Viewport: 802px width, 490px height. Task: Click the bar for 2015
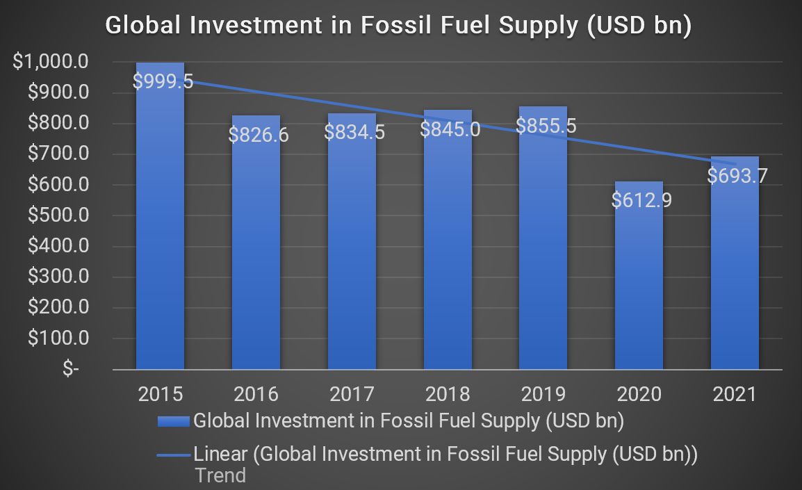[x=161, y=229]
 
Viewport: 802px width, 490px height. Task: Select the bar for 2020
[x=639, y=292]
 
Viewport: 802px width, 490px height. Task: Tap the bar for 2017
[x=352, y=257]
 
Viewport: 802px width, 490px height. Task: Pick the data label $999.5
[x=163, y=81]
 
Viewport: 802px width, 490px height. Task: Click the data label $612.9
[x=641, y=200]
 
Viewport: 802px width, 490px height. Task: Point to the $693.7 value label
[x=737, y=176]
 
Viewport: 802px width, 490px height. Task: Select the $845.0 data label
[x=450, y=129]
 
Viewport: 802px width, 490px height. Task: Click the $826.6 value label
[x=259, y=134]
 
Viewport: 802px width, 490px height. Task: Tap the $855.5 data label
[x=546, y=126]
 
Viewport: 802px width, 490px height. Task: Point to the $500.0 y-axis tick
[x=58, y=215]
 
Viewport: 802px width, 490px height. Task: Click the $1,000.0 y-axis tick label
[x=51, y=62]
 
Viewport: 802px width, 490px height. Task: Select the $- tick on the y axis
[x=71, y=369]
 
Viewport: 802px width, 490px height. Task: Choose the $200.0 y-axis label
[x=58, y=308]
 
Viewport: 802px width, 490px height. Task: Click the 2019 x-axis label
[x=543, y=395]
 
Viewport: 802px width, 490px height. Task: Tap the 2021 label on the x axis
[x=735, y=395]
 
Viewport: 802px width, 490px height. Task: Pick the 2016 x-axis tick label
[x=256, y=395]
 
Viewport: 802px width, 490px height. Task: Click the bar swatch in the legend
[x=173, y=421]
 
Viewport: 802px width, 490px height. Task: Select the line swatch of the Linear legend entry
[x=173, y=455]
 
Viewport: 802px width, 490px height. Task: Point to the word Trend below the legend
[x=220, y=476]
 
